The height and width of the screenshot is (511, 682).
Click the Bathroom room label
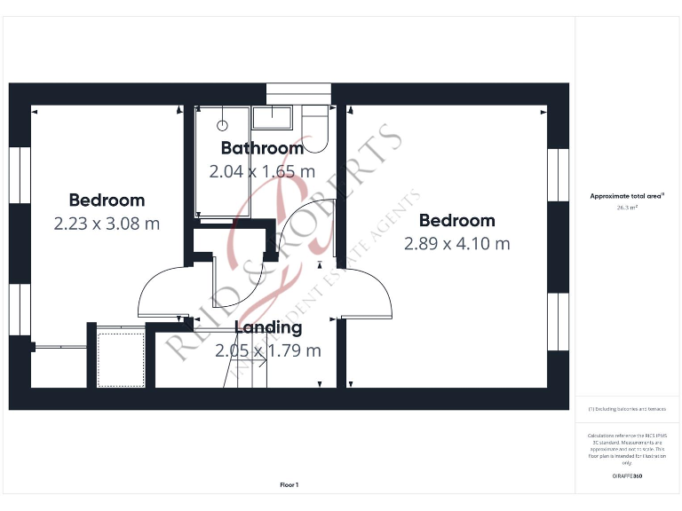pos(262,148)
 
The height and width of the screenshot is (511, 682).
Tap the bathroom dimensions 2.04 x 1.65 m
pos(262,171)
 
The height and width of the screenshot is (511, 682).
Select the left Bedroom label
pos(107,200)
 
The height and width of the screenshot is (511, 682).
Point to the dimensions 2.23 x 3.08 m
pos(107,224)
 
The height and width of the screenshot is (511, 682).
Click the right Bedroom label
pos(457,220)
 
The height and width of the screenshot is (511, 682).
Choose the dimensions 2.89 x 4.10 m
pos(457,243)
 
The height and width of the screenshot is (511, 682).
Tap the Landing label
pos(268,327)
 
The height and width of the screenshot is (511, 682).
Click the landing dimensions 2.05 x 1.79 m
pos(268,350)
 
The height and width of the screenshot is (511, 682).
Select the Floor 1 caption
pos(289,484)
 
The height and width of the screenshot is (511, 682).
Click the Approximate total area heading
pos(627,196)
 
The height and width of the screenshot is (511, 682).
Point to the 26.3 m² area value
pos(627,208)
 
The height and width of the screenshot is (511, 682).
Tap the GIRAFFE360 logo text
pos(627,476)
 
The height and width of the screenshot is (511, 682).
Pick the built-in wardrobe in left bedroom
pos(120,357)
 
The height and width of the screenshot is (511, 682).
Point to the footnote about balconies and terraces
pos(627,409)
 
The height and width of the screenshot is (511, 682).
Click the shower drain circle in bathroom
pos(224,125)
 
